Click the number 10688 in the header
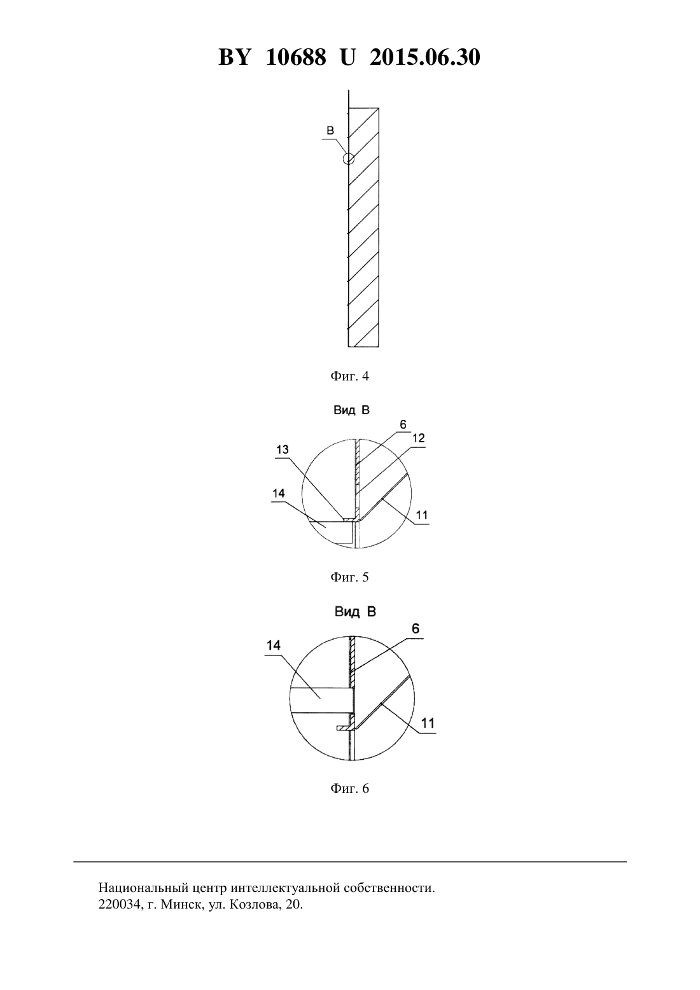tap(296, 57)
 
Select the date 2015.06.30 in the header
tap(424, 57)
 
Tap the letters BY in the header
tap(234, 57)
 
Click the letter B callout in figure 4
tap(330, 130)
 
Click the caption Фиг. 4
tap(349, 376)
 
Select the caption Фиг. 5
tap(349, 577)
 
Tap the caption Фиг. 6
tap(349, 788)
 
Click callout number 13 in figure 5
tap(283, 449)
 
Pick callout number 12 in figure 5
tap(419, 438)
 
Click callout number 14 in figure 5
tap(279, 493)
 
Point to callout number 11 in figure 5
tap(422, 515)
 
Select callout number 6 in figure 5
tap(403, 425)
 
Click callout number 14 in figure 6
tap(274, 646)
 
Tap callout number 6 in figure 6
tap(416, 629)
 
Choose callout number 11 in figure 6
tap(428, 723)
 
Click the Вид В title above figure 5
tap(351, 410)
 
